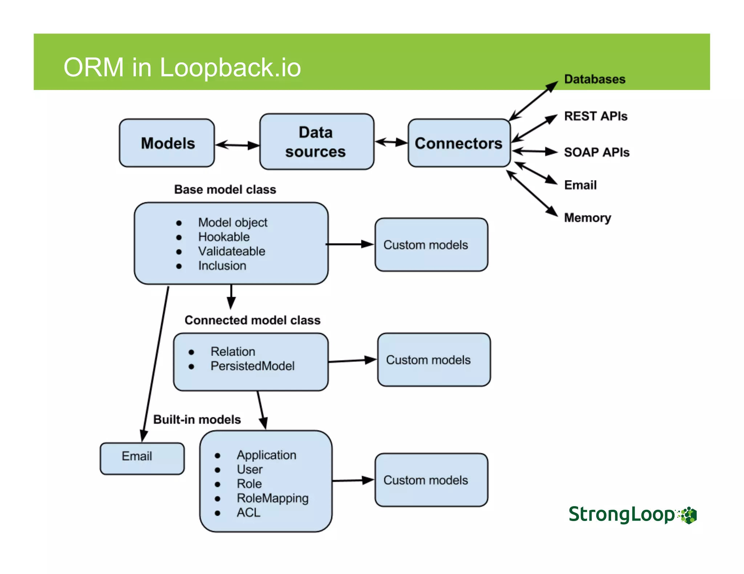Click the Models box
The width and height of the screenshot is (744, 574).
click(x=167, y=143)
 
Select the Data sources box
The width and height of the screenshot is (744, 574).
click(x=316, y=142)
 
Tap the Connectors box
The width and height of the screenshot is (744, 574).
click(x=459, y=143)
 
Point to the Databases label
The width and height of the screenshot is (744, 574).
click(x=594, y=79)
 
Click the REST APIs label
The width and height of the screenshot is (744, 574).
click(x=595, y=116)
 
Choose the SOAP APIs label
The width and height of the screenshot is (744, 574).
click(x=597, y=152)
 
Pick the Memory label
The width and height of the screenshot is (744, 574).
click(x=587, y=218)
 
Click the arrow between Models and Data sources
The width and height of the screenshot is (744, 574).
click(x=237, y=145)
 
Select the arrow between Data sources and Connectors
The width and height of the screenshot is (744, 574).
click(x=391, y=142)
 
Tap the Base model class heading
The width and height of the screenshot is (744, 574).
click(x=225, y=189)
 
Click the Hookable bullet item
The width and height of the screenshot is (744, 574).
click(x=224, y=237)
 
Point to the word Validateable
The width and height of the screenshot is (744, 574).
click(x=231, y=251)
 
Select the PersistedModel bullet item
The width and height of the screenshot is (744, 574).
click(x=252, y=366)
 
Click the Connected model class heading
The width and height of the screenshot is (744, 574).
click(x=252, y=320)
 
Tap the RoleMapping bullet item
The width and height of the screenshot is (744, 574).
click(x=272, y=498)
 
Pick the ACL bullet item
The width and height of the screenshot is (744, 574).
click(x=248, y=512)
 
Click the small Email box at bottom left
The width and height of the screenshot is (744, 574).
click(x=142, y=458)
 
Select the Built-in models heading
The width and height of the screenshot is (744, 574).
click(x=197, y=419)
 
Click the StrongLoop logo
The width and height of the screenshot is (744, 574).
click(x=632, y=514)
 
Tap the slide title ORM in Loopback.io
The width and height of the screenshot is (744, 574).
click(x=182, y=67)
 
